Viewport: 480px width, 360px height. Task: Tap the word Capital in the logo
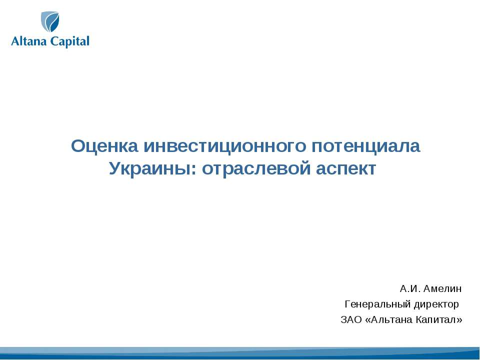[70, 42]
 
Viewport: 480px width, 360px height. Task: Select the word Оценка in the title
[105, 146]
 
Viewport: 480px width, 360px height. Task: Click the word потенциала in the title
[366, 146]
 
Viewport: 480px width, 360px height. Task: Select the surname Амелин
[443, 289]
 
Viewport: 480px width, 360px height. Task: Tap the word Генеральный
[374, 304]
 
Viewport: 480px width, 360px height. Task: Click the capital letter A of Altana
[15, 42]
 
